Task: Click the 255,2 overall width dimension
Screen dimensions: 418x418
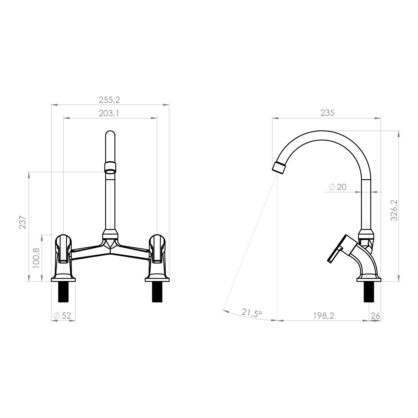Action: click(110, 100)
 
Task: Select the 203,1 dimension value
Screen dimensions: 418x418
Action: click(109, 113)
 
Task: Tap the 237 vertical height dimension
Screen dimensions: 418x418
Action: click(23, 222)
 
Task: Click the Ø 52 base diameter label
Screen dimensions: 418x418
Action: click(63, 315)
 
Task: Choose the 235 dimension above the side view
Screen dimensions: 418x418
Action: click(327, 113)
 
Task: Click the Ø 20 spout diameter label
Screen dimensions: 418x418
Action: click(338, 187)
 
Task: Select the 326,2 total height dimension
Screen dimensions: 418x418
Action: click(394, 211)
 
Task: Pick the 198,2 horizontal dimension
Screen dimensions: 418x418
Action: click(324, 315)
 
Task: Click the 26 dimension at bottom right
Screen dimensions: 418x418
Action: click(375, 315)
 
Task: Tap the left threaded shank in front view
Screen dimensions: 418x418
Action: click(63, 292)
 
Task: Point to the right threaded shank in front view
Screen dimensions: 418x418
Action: click(157, 292)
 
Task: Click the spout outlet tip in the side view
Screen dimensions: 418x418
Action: click(279, 168)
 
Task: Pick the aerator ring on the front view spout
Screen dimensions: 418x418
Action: click(110, 168)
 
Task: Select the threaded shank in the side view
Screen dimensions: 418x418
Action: click(369, 292)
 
